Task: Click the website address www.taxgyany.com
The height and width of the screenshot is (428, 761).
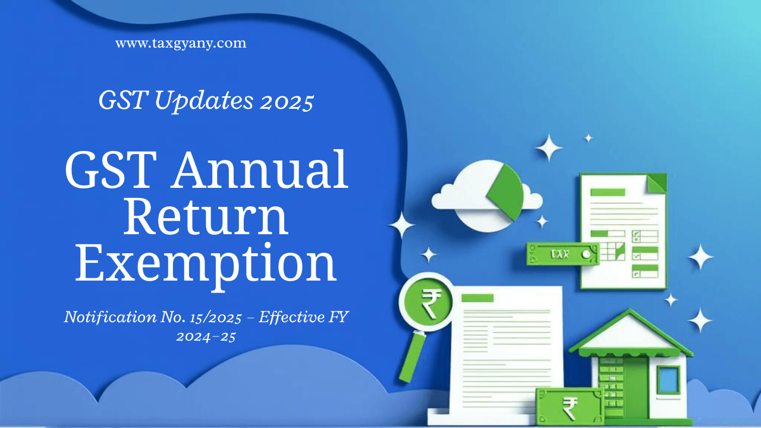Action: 181,43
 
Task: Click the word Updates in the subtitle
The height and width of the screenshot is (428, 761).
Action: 204,101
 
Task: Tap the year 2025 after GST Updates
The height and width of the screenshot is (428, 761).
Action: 287,102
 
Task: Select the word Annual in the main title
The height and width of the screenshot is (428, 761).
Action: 260,169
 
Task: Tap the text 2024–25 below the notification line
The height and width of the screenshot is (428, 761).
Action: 206,336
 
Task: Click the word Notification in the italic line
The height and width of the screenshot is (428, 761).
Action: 110,317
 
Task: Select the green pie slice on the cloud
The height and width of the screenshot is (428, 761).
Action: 506,192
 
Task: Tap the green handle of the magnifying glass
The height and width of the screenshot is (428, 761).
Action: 412,357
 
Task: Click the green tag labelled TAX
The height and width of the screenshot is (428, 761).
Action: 562,254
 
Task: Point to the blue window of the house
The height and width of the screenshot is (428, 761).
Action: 668,380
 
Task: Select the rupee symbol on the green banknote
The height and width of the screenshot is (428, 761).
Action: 570,408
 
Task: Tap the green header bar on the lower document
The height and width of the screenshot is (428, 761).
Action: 477,298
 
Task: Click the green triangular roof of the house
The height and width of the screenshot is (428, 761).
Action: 630,333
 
